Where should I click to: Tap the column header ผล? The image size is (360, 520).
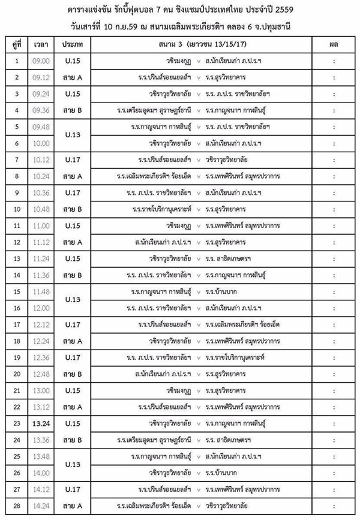[x=332, y=45]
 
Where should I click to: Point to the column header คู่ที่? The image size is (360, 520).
[x=17, y=45]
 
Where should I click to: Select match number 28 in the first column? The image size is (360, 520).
[x=17, y=505]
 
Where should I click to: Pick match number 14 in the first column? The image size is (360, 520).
[x=17, y=275]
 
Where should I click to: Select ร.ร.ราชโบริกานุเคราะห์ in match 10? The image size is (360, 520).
[x=163, y=209]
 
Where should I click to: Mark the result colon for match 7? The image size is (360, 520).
[x=332, y=160]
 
